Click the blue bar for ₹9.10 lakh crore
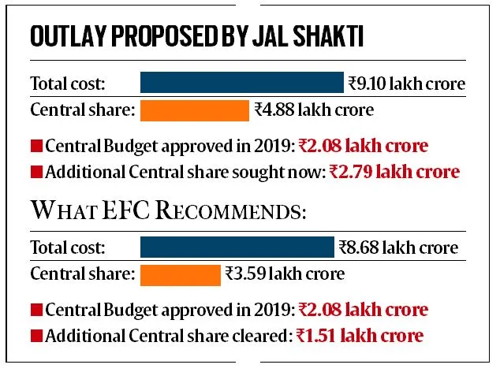(x=242, y=83)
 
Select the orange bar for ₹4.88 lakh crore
(x=195, y=110)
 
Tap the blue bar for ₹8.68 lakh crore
(x=237, y=247)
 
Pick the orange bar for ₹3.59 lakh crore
(x=181, y=274)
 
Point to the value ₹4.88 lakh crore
(x=314, y=110)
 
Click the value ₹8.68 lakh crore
(x=398, y=247)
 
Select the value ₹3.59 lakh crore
(x=285, y=274)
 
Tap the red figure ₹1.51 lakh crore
(x=360, y=335)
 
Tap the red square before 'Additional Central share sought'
(x=35, y=170)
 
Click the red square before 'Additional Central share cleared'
(x=35, y=336)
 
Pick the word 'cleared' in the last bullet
(x=258, y=335)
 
